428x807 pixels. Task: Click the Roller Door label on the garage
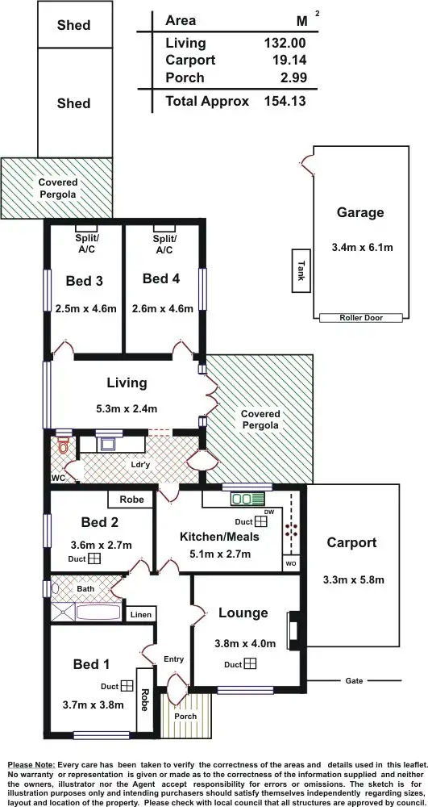click(x=359, y=318)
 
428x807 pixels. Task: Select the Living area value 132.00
click(x=285, y=43)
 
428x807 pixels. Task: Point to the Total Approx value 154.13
click(x=285, y=101)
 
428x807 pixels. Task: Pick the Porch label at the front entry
click(x=185, y=716)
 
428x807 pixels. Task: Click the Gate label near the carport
click(x=354, y=681)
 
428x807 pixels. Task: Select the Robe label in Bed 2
click(x=131, y=500)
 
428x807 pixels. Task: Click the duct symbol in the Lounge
click(x=250, y=664)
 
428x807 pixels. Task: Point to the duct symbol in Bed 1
click(x=127, y=687)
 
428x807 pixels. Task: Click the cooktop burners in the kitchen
click(x=290, y=530)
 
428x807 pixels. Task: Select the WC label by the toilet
click(x=57, y=478)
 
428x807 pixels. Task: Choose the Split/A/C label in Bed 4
click(x=164, y=245)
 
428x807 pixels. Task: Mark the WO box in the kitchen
click(x=290, y=562)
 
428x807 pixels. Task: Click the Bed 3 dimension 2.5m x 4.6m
click(x=86, y=308)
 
